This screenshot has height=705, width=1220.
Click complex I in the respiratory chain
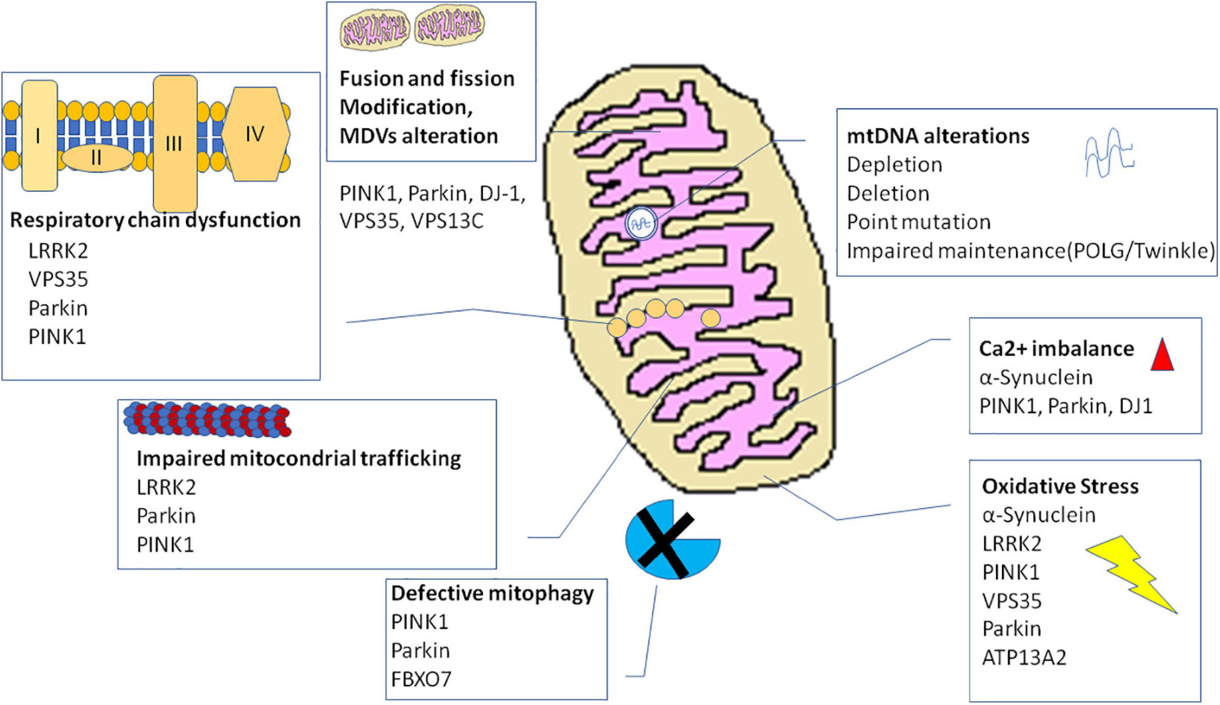(39, 136)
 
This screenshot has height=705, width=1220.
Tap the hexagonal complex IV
(255, 134)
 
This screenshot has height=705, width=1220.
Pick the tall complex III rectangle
(175, 143)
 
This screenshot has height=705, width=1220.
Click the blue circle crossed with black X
(671, 539)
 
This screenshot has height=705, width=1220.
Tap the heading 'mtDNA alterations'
(938, 136)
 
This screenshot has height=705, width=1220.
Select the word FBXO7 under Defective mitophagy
(421, 679)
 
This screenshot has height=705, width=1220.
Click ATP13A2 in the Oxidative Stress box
(1024, 658)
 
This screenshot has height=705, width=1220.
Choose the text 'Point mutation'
(918, 222)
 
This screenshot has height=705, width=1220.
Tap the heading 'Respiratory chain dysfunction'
(155, 220)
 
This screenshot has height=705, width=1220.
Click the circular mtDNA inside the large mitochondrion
(641, 224)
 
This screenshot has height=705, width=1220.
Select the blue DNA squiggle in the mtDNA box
(1109, 153)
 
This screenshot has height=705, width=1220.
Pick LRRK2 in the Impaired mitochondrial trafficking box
(166, 487)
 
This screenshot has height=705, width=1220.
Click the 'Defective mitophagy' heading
(492, 593)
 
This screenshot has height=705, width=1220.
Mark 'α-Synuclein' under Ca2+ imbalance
(1036, 377)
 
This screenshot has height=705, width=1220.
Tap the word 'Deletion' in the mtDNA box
(888, 194)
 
